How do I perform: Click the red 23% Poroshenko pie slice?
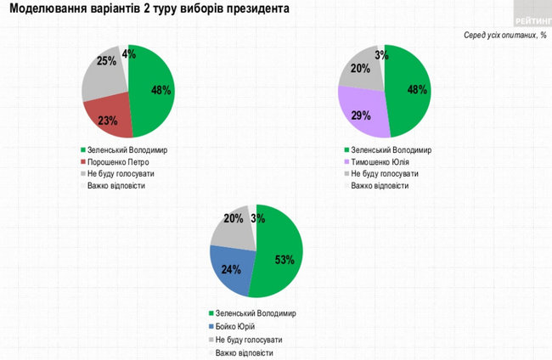(x=109, y=118)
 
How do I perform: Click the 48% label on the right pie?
(x=415, y=90)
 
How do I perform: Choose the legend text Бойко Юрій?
(x=236, y=326)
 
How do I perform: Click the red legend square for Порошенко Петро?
(x=83, y=161)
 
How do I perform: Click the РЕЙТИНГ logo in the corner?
(x=532, y=18)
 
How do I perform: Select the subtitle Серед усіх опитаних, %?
(x=503, y=36)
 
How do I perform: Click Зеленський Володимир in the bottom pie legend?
(x=256, y=313)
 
